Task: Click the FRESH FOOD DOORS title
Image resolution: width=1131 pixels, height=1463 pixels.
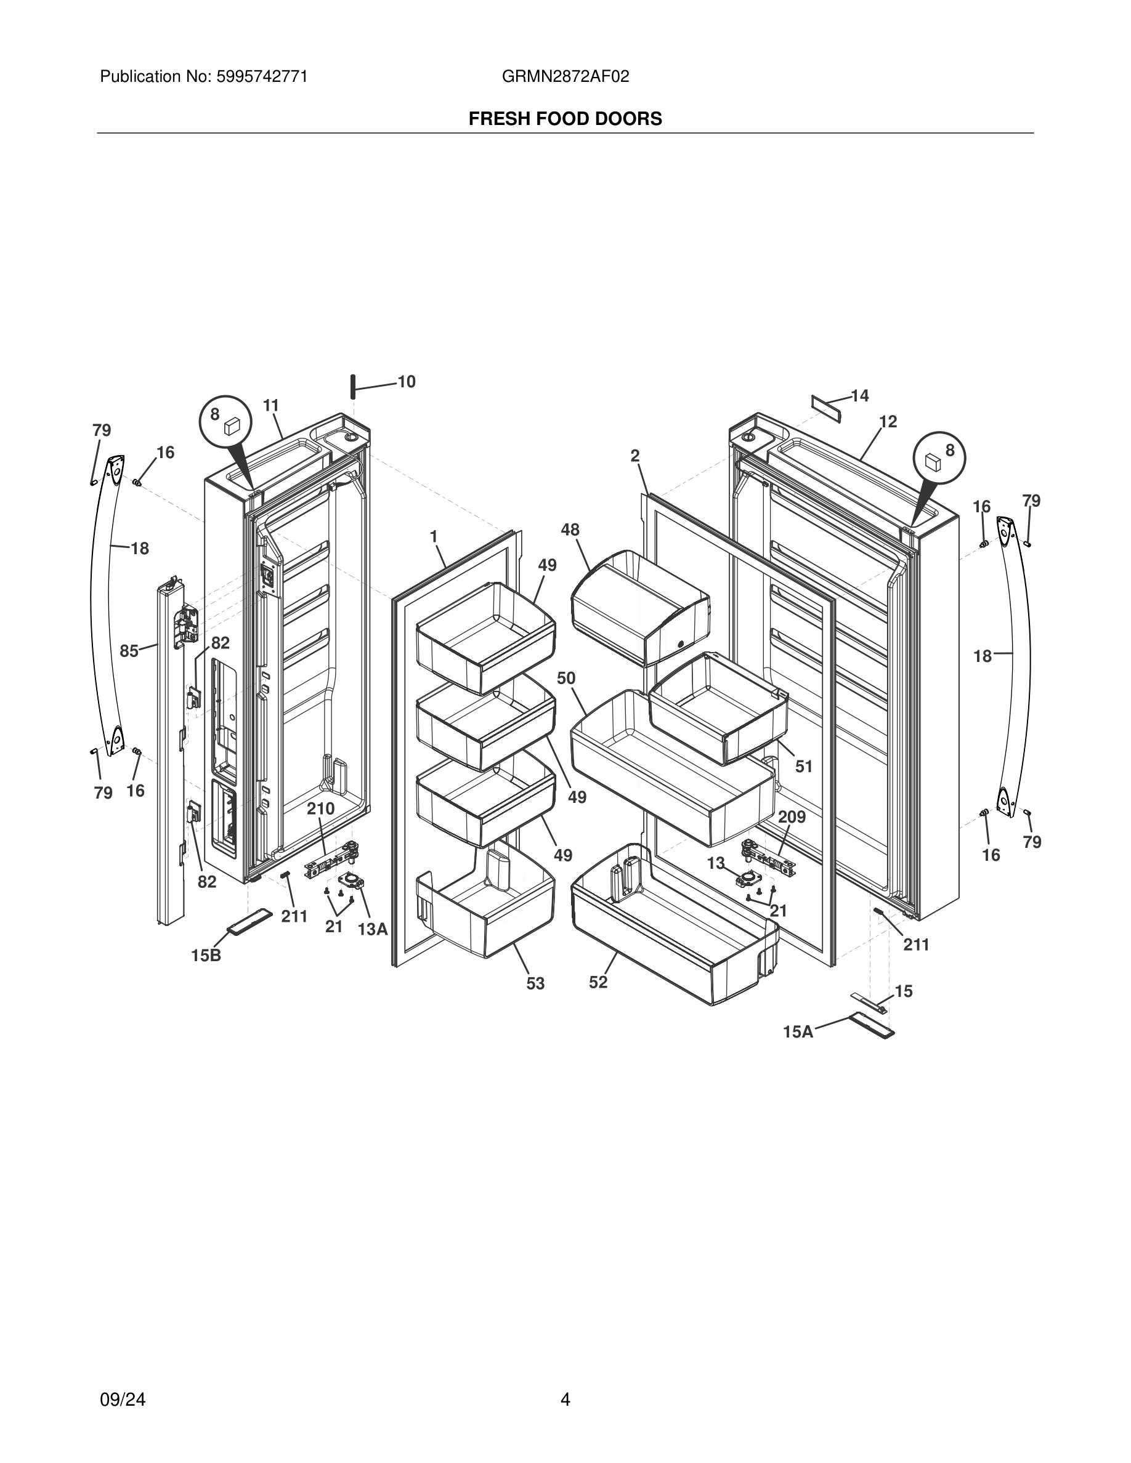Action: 565,119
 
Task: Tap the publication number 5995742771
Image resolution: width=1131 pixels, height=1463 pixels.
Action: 262,77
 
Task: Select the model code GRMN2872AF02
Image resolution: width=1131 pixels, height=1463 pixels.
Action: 565,77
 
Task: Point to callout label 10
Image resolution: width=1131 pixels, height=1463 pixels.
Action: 407,382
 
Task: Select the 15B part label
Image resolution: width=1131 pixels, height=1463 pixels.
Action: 206,956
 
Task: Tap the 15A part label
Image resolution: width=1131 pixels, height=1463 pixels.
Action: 798,1032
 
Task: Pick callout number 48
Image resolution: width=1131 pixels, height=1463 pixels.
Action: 570,530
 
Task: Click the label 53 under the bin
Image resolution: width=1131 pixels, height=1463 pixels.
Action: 535,983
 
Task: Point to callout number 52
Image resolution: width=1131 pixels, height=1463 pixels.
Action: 598,982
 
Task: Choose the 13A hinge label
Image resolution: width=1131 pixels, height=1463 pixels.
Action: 373,929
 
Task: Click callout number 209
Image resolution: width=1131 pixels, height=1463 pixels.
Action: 792,817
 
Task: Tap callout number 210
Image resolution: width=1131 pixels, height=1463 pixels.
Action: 321,808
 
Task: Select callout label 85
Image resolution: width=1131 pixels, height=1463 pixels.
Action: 129,650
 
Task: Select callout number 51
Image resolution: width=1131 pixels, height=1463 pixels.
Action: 804,767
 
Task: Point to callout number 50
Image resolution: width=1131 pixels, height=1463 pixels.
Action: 566,678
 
